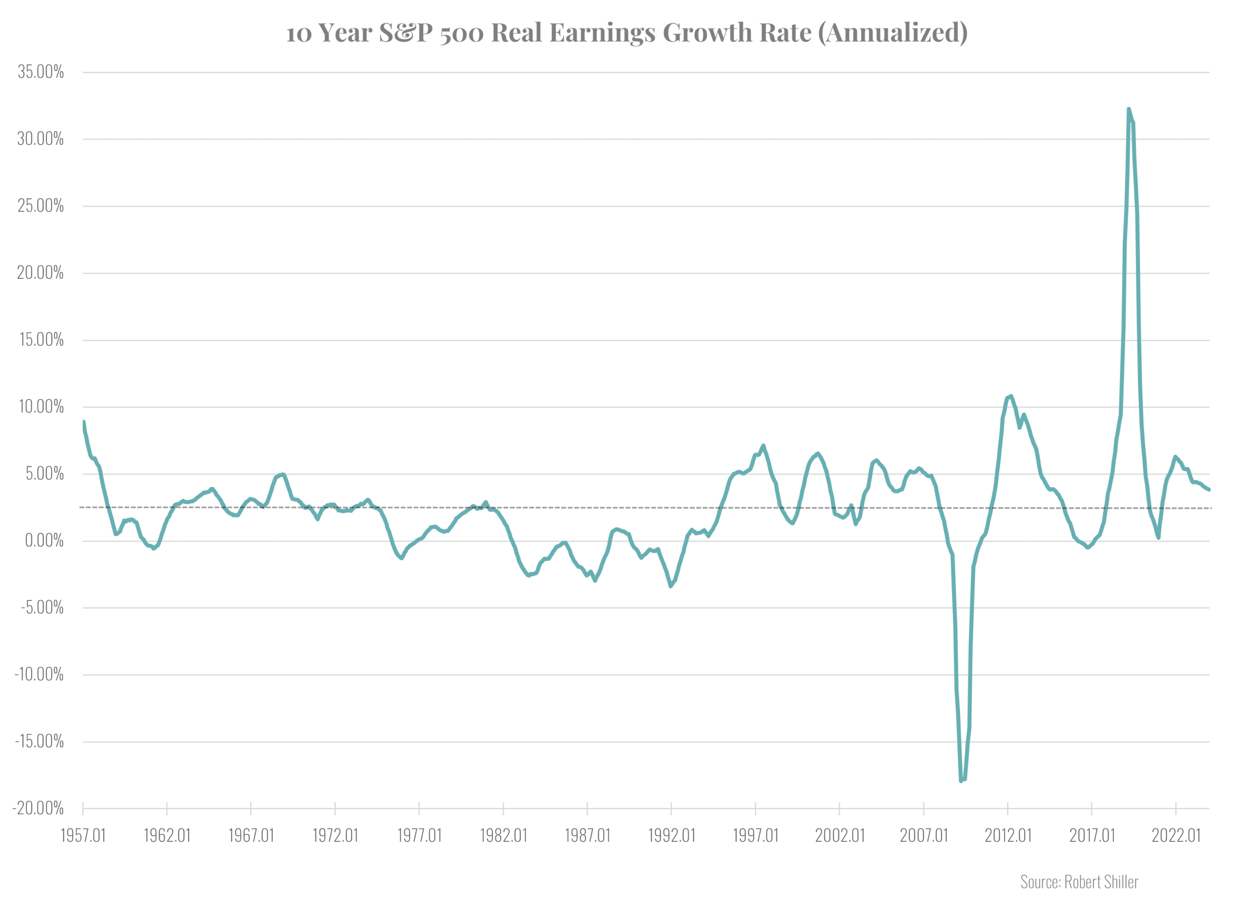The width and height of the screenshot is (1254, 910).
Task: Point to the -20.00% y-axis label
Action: click(x=38, y=808)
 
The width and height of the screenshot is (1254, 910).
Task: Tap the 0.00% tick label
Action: click(x=44, y=541)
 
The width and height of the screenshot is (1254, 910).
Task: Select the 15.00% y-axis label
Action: click(x=42, y=340)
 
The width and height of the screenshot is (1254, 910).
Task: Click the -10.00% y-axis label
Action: click(x=39, y=674)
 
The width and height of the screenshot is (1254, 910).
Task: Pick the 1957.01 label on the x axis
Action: click(x=83, y=836)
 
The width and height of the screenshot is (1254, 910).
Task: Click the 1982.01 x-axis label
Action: click(x=503, y=836)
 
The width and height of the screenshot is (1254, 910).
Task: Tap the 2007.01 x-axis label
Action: click(x=923, y=836)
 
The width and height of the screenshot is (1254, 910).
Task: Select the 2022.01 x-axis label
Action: click(x=1176, y=836)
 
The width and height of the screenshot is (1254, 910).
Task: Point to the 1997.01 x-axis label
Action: click(x=755, y=836)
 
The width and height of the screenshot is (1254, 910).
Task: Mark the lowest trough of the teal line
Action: click(x=961, y=781)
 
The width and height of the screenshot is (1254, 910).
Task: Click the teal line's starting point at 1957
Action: click(x=83, y=422)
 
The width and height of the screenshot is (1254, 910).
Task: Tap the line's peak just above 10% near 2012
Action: click(x=1011, y=396)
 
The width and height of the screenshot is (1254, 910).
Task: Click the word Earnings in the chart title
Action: click(x=602, y=33)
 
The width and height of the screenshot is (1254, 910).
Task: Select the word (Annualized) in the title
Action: click(x=892, y=33)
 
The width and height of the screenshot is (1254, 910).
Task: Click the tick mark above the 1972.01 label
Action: click(x=335, y=809)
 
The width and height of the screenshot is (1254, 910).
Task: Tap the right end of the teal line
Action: click(x=1209, y=490)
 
